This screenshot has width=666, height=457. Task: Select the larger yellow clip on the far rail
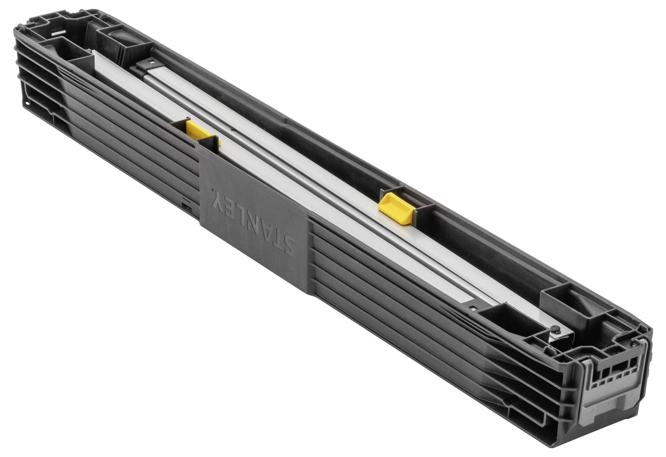(x=396, y=208)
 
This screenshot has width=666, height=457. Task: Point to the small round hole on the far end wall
(x=26, y=102)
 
